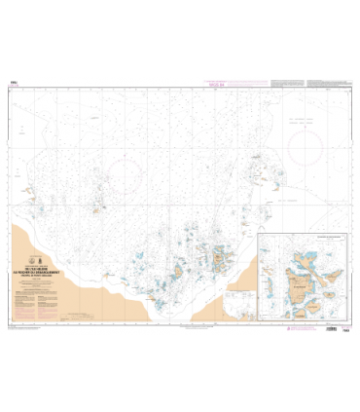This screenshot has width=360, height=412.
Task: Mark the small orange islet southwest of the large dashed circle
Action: pyautogui.click(x=97, y=207)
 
